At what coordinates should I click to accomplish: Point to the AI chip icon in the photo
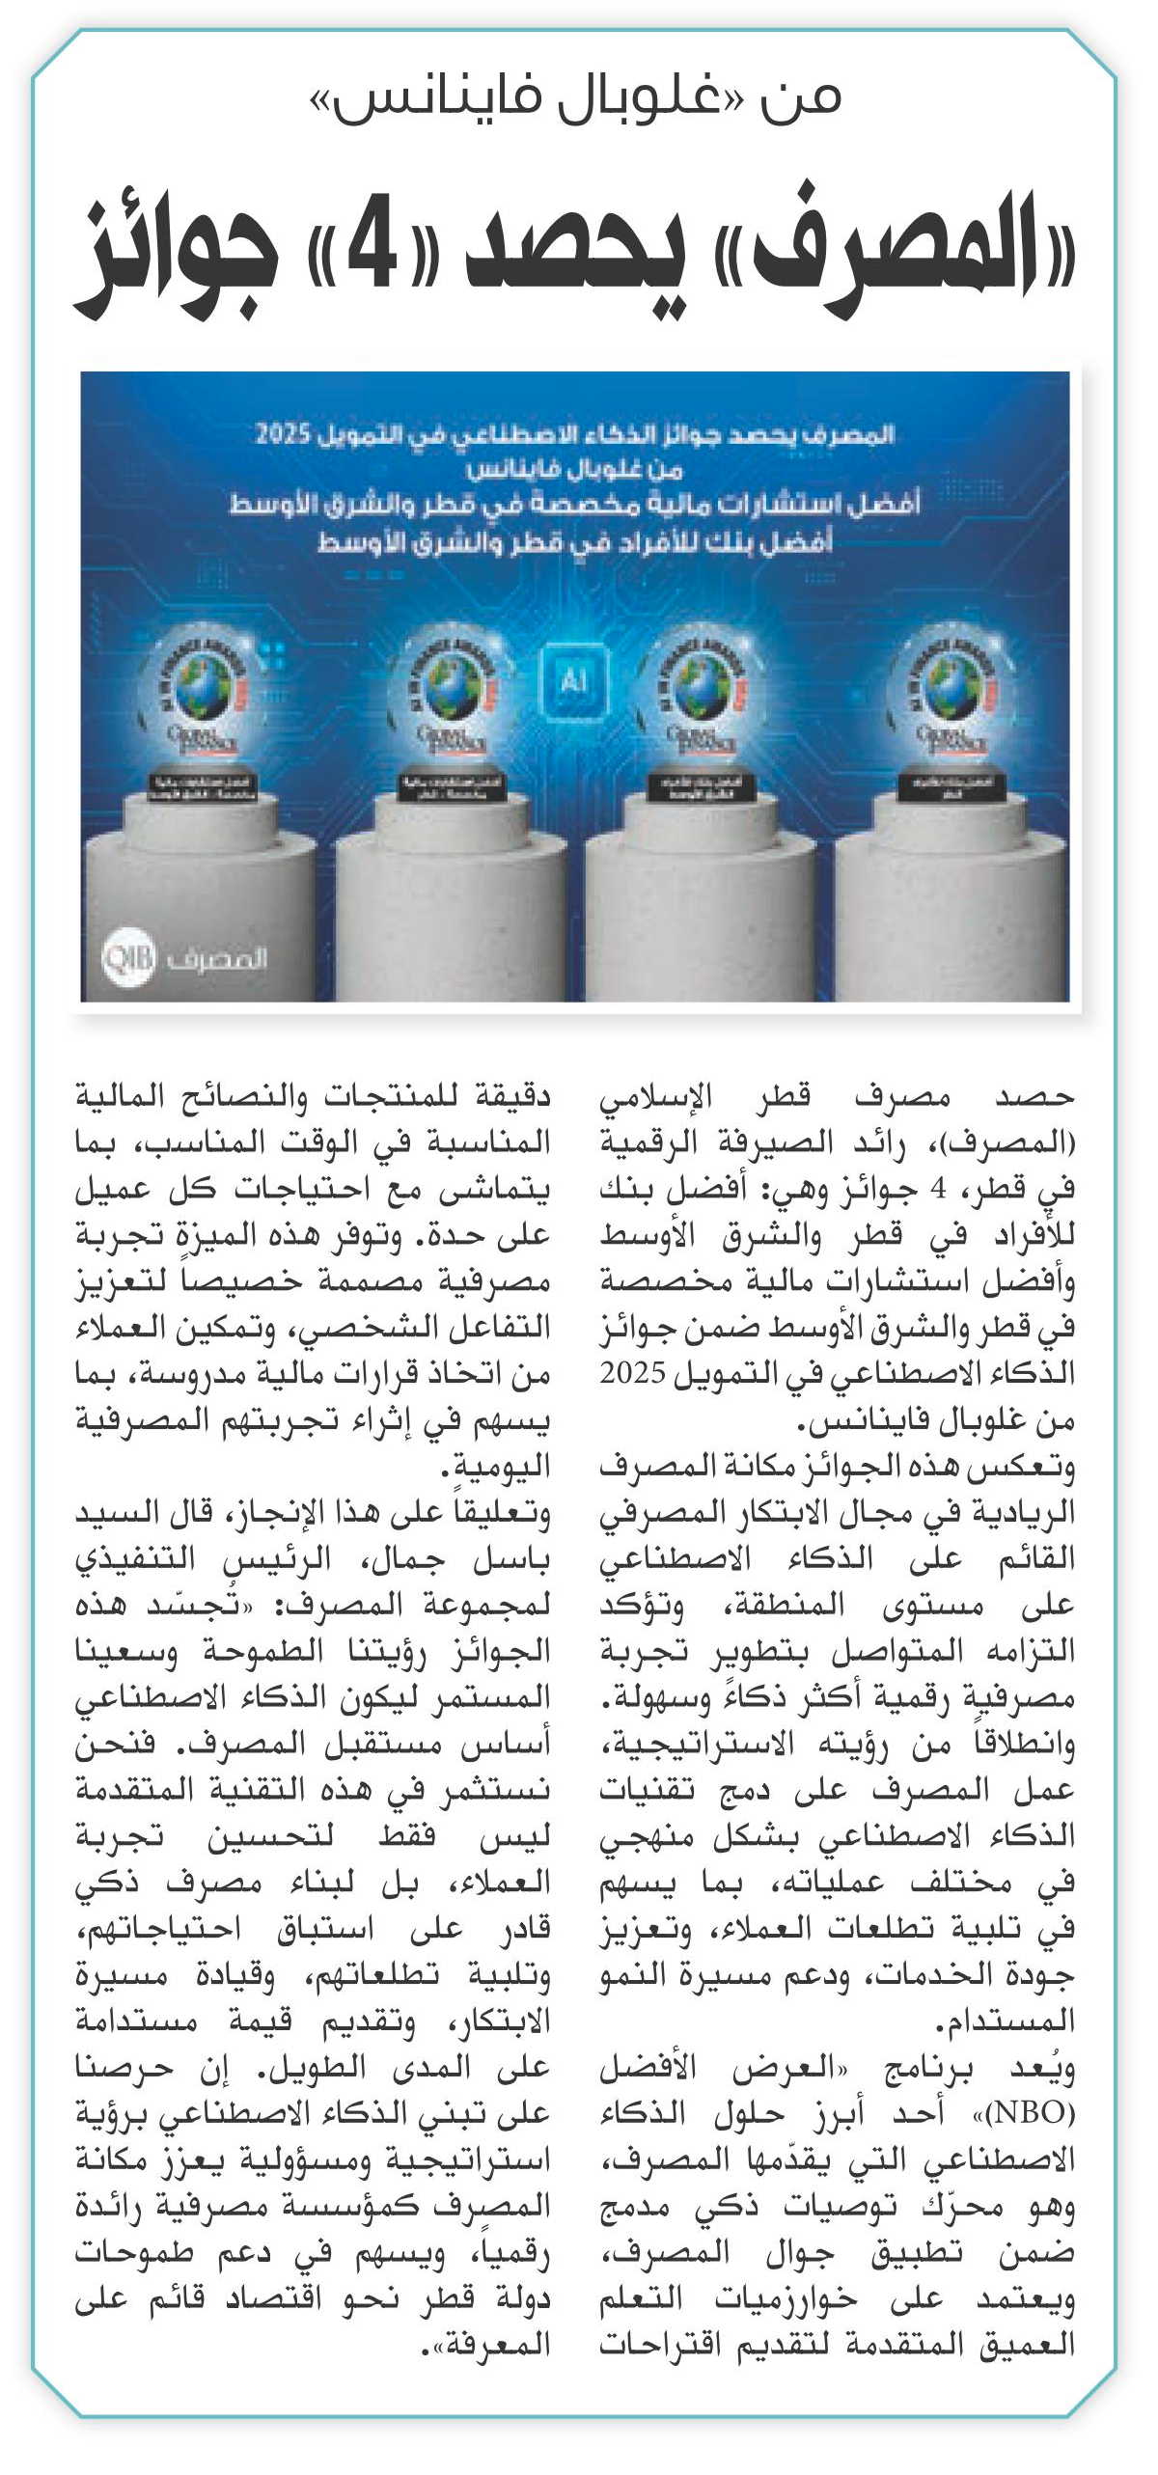[573, 682]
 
